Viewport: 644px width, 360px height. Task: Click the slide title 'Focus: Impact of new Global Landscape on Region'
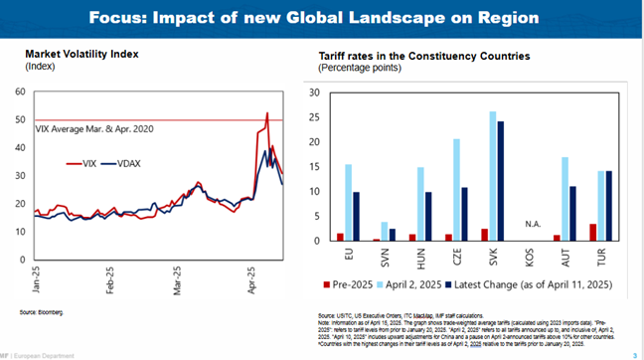[x=322, y=18]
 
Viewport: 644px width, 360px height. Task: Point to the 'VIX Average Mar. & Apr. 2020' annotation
[x=96, y=129]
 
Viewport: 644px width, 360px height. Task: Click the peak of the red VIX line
[x=267, y=112]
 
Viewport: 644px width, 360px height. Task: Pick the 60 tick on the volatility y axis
[x=19, y=91]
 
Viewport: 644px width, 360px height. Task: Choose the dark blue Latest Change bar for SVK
[x=500, y=181]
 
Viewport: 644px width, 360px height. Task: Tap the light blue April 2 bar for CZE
[x=456, y=190]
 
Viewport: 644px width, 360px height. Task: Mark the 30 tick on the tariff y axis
[x=313, y=93]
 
